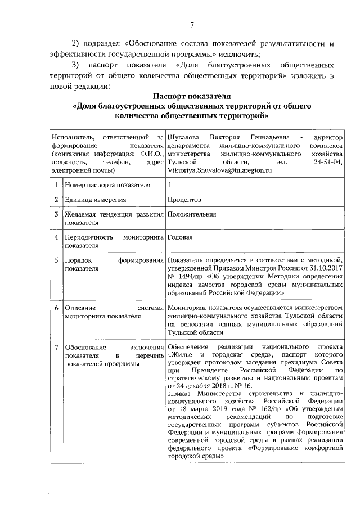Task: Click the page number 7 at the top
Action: [191, 24]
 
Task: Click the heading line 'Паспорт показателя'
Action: [192, 96]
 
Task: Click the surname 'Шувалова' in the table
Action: [181, 137]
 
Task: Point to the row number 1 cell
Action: [56, 184]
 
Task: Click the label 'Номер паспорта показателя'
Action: [107, 184]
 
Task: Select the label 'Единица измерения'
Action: [94, 200]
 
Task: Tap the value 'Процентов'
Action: [184, 200]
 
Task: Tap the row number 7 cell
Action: [56, 347]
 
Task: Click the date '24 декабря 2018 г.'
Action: [204, 386]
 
